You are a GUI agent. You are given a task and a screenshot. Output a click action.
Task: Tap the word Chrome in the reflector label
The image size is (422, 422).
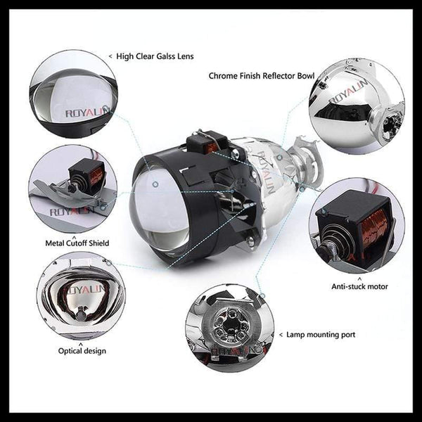point(224,75)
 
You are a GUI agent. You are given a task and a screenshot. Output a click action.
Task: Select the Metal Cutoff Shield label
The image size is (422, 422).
point(78,243)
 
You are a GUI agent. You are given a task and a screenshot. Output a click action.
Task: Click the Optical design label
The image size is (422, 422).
point(83,350)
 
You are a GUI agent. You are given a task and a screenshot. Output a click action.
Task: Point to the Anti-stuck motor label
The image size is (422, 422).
point(359,286)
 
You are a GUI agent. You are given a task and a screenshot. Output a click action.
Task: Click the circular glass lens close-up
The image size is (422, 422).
point(73,94)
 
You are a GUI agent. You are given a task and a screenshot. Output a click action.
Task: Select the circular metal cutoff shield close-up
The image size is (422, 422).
point(72,188)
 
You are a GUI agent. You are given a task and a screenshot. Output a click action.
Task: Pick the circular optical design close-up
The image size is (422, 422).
point(80,296)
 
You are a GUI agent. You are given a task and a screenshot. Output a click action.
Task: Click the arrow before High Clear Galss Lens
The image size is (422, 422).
point(110,56)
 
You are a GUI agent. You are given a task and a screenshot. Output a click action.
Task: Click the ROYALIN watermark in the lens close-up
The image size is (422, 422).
point(87,113)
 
